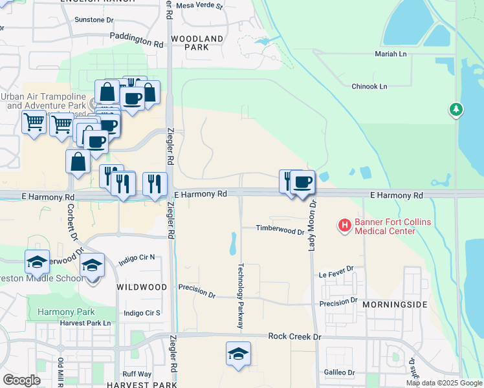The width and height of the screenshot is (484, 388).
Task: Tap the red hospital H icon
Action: (x=345, y=224)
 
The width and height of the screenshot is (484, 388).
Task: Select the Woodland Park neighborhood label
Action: (x=197, y=43)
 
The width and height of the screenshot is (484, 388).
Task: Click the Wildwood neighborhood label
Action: (x=142, y=286)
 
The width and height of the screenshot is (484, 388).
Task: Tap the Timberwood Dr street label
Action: (x=280, y=230)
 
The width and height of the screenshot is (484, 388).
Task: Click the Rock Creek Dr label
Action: (x=294, y=337)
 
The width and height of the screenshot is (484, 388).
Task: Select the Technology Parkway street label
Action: (x=240, y=297)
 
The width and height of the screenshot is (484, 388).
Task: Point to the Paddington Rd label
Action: (x=137, y=40)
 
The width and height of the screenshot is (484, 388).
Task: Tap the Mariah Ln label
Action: (x=391, y=54)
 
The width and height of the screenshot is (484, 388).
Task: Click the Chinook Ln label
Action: (x=369, y=86)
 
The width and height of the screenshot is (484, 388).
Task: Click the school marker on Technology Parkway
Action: (x=239, y=354)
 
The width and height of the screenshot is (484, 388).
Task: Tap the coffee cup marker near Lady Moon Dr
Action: (x=302, y=182)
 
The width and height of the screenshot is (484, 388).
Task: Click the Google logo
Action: (x=21, y=380)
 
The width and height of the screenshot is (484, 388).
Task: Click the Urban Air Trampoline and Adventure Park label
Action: (x=44, y=100)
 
